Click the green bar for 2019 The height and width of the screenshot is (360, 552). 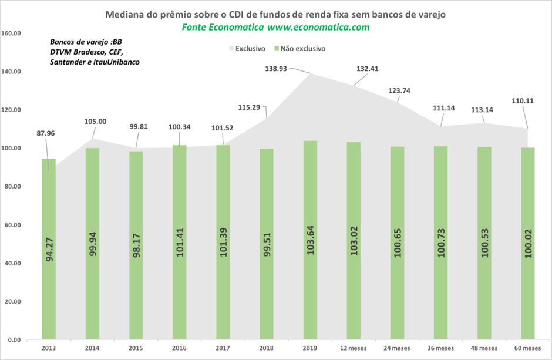[310, 241]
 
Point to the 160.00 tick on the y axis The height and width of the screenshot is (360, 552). [12, 33]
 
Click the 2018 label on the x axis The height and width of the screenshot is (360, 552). [267, 348]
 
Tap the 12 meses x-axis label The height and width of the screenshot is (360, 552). [354, 348]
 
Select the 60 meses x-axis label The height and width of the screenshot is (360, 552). [528, 348]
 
